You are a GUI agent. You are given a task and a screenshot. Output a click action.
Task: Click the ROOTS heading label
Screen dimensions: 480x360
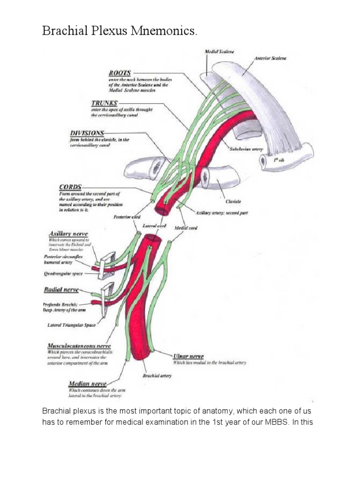click(x=120, y=73)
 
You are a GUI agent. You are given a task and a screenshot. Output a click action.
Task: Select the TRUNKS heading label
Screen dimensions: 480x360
click(x=105, y=103)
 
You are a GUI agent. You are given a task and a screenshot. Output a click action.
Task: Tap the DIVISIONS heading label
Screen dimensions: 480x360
click(x=87, y=133)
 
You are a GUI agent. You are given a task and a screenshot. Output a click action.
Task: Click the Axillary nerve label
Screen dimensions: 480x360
click(x=68, y=233)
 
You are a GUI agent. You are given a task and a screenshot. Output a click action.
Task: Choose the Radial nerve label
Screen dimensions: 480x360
click(x=61, y=290)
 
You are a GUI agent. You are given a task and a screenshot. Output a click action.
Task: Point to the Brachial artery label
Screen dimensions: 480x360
click(x=157, y=375)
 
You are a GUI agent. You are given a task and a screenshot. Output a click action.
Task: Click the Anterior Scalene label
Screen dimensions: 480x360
click(x=270, y=59)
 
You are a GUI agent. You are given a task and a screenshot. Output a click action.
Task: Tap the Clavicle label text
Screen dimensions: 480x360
click(x=233, y=201)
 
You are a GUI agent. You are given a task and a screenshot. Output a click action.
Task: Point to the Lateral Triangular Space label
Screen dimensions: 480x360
click(x=71, y=324)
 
